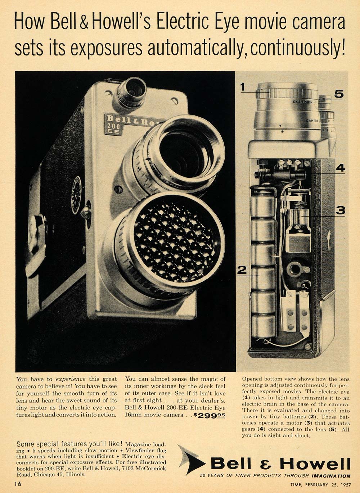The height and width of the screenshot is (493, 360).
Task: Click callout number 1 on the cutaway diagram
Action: [242, 87]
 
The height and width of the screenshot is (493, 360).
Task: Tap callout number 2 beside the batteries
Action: [242, 270]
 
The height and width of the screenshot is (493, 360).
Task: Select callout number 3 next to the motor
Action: [340, 211]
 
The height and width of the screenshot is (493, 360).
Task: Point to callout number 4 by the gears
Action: [341, 168]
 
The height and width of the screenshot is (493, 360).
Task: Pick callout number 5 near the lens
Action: [339, 94]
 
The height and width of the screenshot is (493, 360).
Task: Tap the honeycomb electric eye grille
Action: [175, 241]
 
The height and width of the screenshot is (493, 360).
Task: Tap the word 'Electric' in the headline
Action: [182, 22]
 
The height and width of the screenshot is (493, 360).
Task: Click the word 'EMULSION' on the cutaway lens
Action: [302, 102]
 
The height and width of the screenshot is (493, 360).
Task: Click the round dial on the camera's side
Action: [76, 195]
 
